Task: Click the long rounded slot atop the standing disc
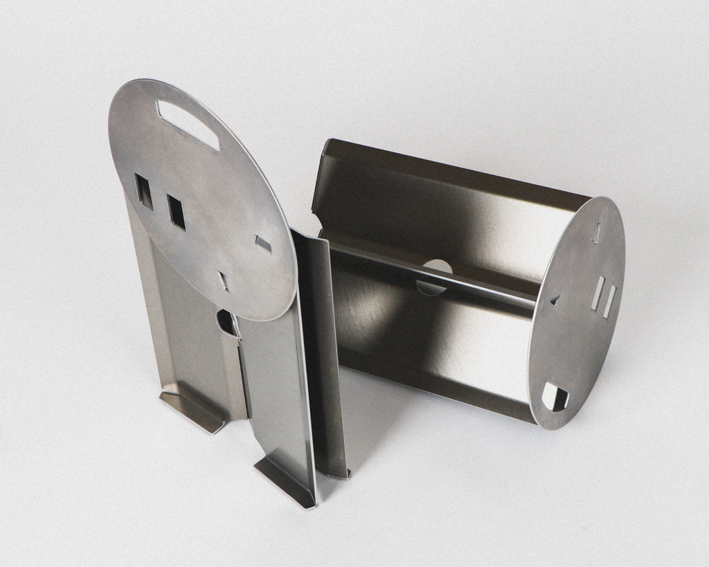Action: [x=188, y=125]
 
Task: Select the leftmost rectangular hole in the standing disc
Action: [x=144, y=191]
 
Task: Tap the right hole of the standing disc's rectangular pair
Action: [x=177, y=211]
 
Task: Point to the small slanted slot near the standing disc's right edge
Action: [x=263, y=243]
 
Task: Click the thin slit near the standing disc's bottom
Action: [x=223, y=280]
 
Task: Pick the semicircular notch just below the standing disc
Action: [x=227, y=323]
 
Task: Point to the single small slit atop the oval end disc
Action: [x=597, y=233]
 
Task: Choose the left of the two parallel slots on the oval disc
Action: [x=598, y=293]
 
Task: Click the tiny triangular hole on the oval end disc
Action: [x=555, y=300]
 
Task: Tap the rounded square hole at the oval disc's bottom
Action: [x=554, y=397]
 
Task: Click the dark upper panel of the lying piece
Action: [x=443, y=208]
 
